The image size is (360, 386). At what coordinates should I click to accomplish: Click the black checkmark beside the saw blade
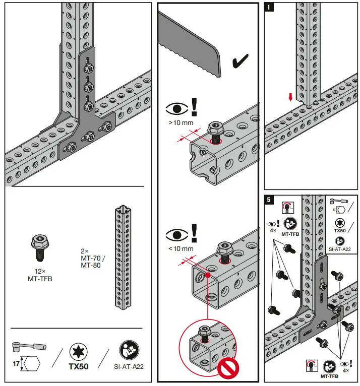click(x=239, y=62)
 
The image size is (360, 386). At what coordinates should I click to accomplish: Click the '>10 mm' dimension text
click(x=181, y=122)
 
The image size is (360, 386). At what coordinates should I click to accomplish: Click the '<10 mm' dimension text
click(x=181, y=249)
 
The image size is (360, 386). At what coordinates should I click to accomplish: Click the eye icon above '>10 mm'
click(x=176, y=108)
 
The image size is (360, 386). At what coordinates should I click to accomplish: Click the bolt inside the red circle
click(x=204, y=334)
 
